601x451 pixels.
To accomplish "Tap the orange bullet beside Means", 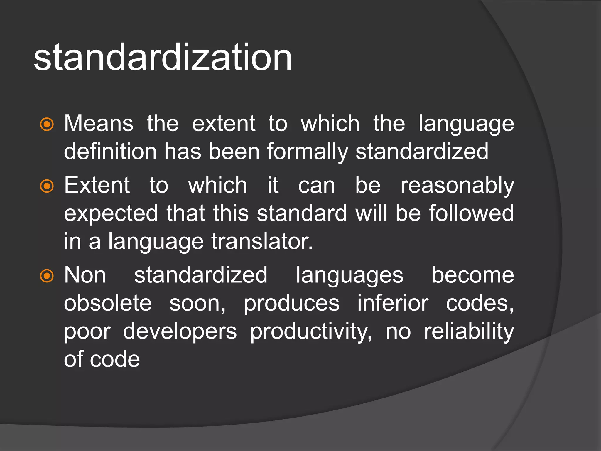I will pyautogui.click(x=47, y=124).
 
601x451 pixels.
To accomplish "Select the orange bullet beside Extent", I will pyautogui.click(x=47, y=186).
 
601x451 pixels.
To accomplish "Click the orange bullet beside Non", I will pyautogui.click(x=47, y=276).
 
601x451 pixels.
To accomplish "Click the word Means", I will pyautogui.click(x=99, y=123).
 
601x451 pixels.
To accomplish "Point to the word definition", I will pyautogui.click(x=110, y=152).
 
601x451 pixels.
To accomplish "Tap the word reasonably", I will pyautogui.click(x=457, y=186).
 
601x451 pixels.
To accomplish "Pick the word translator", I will pyautogui.click(x=262, y=241).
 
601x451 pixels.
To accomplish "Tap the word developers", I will pyautogui.click(x=180, y=332).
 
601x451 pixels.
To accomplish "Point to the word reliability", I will pyautogui.click(x=469, y=332).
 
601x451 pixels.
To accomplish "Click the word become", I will pyautogui.click(x=473, y=275).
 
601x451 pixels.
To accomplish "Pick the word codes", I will pyautogui.click(x=480, y=304).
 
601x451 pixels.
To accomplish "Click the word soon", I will pyautogui.click(x=197, y=304).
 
